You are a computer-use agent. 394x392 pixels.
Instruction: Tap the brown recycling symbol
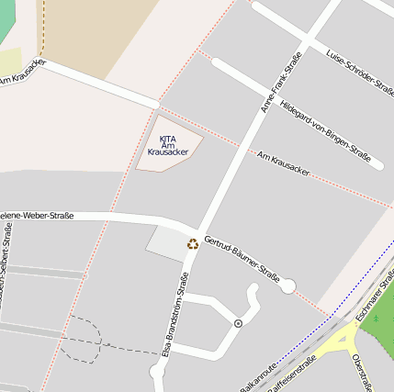pos(193,244)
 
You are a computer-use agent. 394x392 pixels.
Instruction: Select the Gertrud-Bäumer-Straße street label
pos(242,259)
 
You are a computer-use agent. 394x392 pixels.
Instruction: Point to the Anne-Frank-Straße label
pos(280,83)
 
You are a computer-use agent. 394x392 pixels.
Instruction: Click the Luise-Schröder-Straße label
pos(359,69)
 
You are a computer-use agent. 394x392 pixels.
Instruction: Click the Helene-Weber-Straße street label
pos(37,216)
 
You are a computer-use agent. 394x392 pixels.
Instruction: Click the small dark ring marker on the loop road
pos(239,323)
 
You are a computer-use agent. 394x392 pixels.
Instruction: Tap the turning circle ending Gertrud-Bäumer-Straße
pos(287,286)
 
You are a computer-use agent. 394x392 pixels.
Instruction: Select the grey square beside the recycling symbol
pos(166,242)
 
